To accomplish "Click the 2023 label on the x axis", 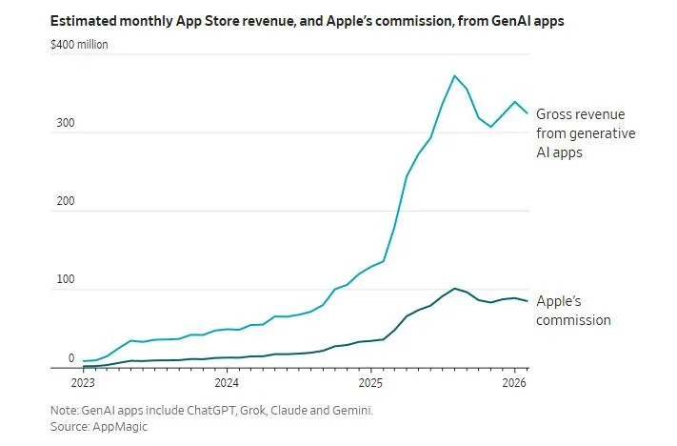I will point(83,383).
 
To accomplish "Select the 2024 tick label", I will point(227,383).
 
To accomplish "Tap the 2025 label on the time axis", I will point(370,383).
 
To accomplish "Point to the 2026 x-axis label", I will point(514,383).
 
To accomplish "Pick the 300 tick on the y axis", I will point(65,125).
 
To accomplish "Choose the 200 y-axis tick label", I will point(65,203).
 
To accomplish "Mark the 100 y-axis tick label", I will point(65,281).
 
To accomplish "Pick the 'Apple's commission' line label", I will point(573,310).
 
